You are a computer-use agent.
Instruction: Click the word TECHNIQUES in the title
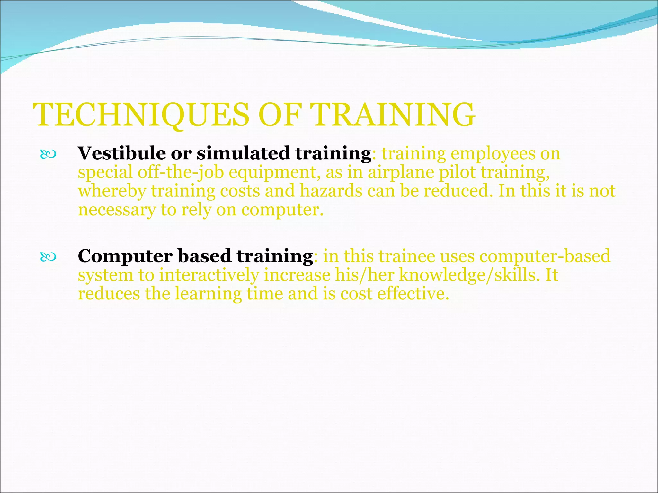pos(141,115)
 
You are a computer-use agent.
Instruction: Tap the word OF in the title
pos(280,115)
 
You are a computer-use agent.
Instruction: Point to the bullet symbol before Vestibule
pos(48,155)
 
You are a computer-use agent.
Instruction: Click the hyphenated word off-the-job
pos(181,172)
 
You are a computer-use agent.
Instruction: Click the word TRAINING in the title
pos(394,115)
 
